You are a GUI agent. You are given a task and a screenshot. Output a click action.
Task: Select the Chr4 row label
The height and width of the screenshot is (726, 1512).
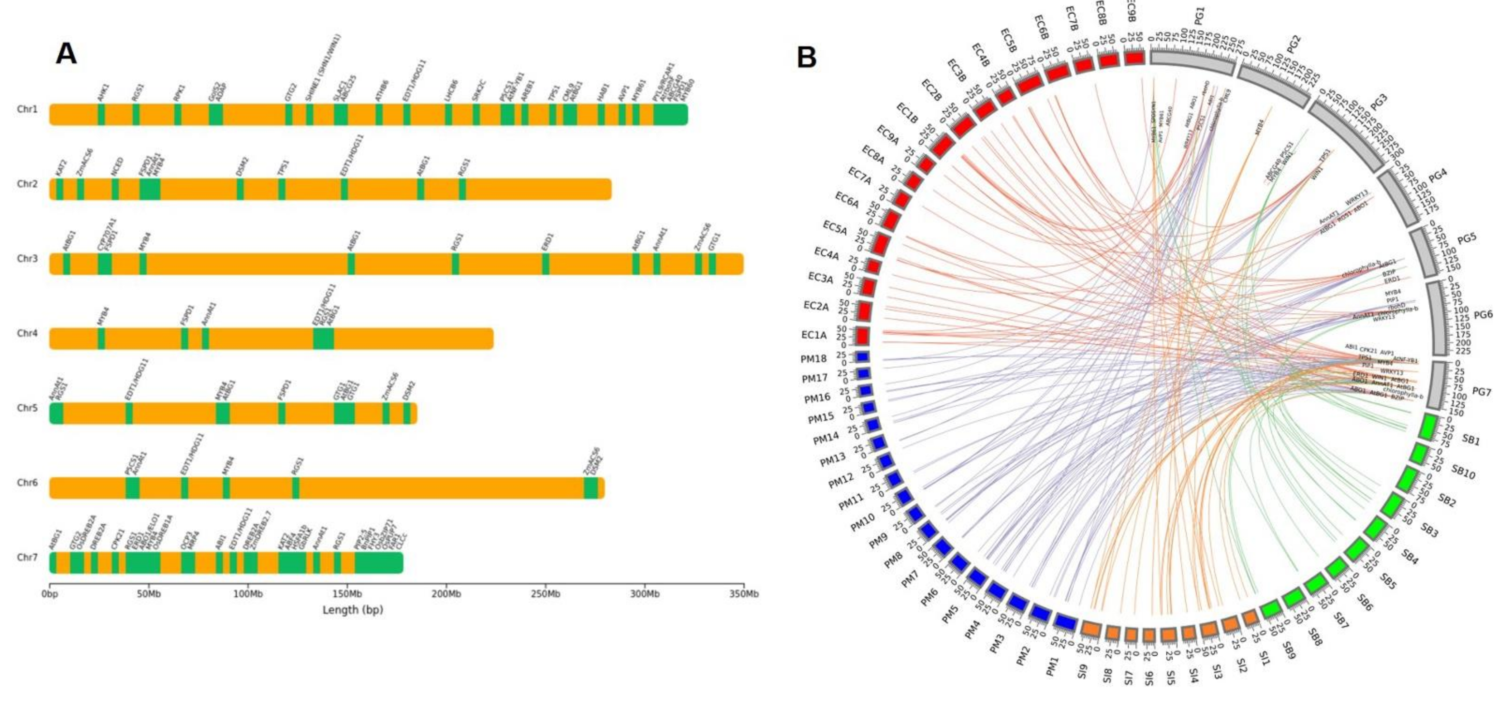point(27,333)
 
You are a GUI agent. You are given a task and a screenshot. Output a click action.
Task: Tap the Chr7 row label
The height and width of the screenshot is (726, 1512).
point(27,557)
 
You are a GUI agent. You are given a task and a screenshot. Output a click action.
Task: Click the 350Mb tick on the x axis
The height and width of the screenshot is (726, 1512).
point(744,594)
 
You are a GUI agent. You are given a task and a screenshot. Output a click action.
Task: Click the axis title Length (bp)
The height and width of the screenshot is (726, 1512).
point(353,610)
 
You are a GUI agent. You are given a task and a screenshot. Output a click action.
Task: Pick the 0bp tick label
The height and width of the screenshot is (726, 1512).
point(50,594)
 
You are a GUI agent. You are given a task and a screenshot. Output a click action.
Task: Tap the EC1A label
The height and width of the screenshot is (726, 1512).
point(814,335)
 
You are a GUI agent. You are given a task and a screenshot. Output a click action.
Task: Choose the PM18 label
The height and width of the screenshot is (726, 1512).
point(814,359)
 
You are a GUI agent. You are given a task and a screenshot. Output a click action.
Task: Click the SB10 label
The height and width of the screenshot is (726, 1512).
point(1463,471)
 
